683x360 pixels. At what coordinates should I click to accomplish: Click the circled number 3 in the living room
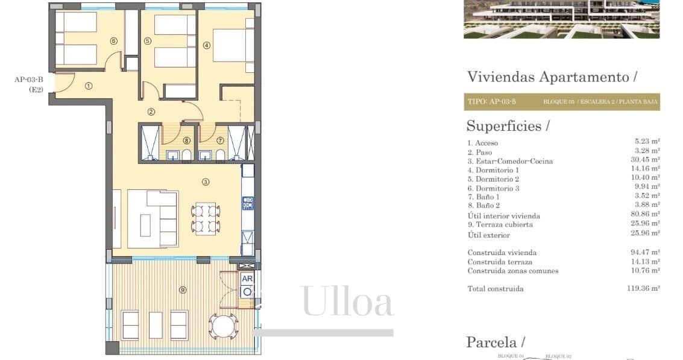(x=205, y=182)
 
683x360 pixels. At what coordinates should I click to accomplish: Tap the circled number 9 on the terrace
(x=183, y=290)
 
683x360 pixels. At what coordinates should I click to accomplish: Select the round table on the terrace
(x=224, y=326)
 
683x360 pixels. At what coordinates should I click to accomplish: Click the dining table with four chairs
(x=205, y=219)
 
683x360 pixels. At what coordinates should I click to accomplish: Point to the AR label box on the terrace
(x=247, y=279)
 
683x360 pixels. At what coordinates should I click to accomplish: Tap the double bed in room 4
(x=232, y=45)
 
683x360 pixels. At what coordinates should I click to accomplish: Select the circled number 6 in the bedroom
(x=113, y=41)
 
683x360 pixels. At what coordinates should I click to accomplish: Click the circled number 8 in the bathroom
(x=187, y=141)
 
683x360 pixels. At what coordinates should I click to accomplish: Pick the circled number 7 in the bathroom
(x=220, y=141)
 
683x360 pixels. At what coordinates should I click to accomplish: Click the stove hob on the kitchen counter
(x=248, y=203)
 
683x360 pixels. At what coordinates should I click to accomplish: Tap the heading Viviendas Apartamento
(x=552, y=77)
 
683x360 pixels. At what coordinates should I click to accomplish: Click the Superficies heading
(x=508, y=126)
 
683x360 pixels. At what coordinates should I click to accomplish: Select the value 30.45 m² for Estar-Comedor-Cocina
(x=643, y=161)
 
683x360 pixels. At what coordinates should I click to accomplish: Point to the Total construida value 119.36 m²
(x=643, y=289)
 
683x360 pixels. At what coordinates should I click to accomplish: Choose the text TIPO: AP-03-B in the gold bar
(x=491, y=102)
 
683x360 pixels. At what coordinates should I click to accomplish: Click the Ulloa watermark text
(x=348, y=302)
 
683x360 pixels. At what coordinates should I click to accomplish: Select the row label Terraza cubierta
(x=500, y=224)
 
